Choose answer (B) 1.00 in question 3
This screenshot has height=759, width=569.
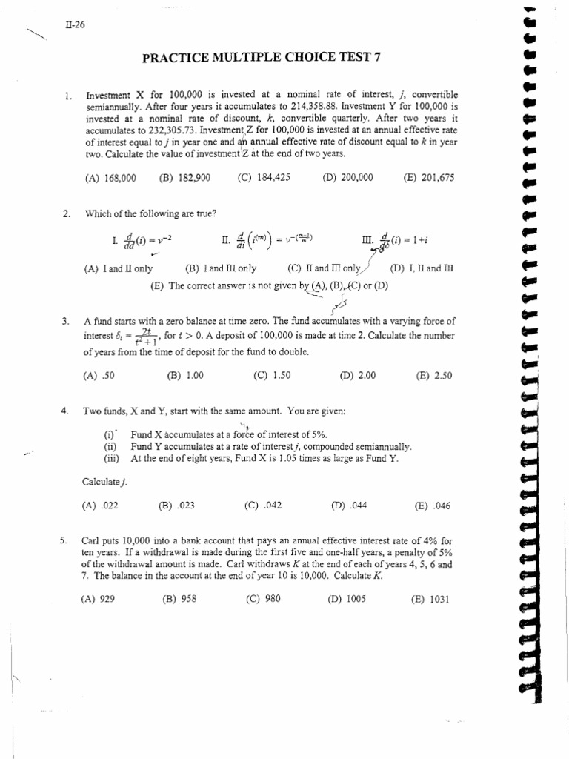tap(185, 376)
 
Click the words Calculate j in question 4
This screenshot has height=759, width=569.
tap(104, 483)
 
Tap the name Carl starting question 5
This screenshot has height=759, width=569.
tap(92, 541)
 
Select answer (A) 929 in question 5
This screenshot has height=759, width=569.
tap(99, 600)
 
